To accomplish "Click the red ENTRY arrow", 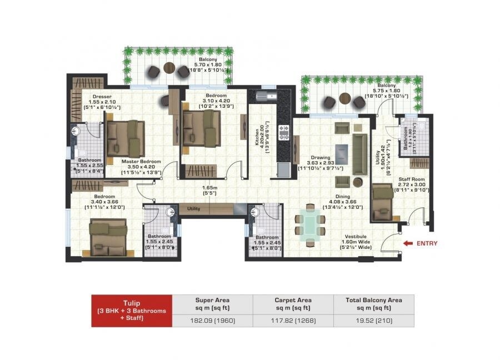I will pyautogui.click(x=409, y=243).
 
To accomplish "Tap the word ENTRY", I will pyautogui.click(x=427, y=243).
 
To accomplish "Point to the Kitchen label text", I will pyautogui.click(x=258, y=134).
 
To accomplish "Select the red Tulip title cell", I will pyautogui.click(x=132, y=311).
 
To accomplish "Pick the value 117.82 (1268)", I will pyautogui.click(x=292, y=321).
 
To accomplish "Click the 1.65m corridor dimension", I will pyautogui.click(x=209, y=192).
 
